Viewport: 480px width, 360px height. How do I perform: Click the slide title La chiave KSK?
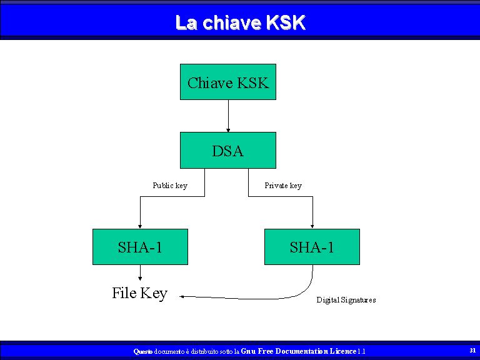point(241,22)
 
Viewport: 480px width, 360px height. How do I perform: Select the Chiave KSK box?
point(228,82)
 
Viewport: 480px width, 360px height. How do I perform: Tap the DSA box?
point(228,150)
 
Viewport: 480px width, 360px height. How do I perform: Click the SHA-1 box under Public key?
point(140,247)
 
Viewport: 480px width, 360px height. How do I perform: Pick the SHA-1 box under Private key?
point(312,247)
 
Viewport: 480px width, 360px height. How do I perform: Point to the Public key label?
point(170,186)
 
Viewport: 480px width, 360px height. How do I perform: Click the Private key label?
point(283,186)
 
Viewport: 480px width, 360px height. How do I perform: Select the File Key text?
point(140,293)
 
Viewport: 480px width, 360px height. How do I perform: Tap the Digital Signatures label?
point(346,300)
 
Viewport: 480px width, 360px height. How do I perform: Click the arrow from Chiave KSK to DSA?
point(228,116)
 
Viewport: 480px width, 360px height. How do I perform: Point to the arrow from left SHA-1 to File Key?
point(140,272)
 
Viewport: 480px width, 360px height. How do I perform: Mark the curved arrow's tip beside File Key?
point(180,296)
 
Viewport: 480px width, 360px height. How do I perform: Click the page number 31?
point(472,350)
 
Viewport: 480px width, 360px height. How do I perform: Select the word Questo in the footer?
point(143,351)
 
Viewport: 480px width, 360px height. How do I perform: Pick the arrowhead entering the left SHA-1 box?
point(140,226)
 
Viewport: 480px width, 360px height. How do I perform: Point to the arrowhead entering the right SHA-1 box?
point(312,226)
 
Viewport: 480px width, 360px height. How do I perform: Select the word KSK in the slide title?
point(286,22)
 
